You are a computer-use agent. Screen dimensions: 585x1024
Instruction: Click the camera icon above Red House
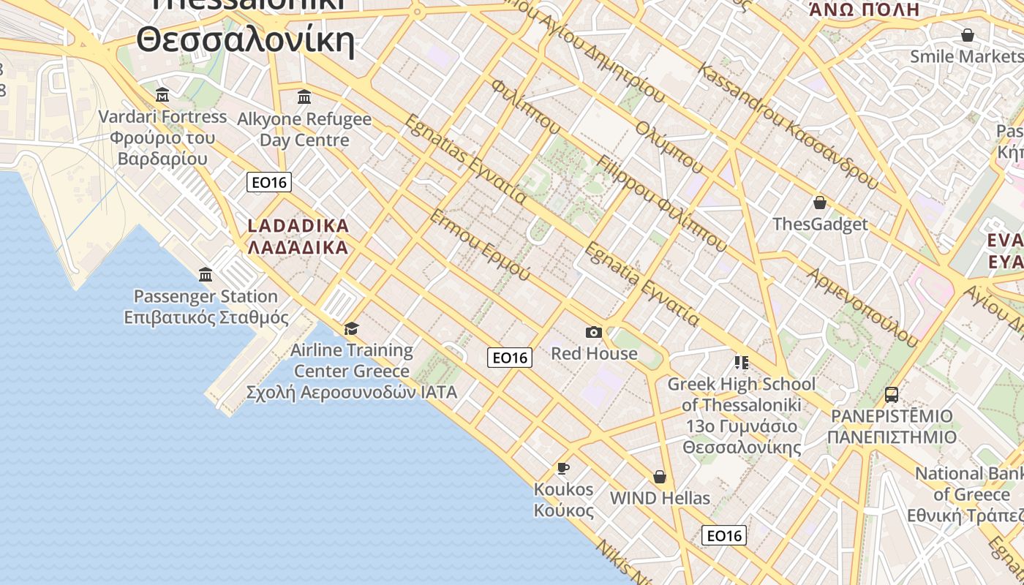click(x=594, y=333)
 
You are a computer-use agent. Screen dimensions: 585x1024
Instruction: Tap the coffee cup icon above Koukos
click(x=562, y=468)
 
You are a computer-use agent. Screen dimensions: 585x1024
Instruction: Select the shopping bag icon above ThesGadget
click(x=820, y=203)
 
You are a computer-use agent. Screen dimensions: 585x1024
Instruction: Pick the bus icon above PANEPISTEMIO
click(x=892, y=395)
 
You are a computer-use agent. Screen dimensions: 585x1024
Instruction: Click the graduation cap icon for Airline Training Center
click(x=352, y=328)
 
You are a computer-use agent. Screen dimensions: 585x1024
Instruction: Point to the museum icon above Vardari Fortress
click(x=162, y=95)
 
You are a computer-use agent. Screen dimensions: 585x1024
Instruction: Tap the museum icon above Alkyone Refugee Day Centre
click(x=304, y=97)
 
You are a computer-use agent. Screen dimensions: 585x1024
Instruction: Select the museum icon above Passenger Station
click(x=206, y=275)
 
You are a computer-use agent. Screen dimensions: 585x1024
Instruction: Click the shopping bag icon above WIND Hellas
click(x=660, y=477)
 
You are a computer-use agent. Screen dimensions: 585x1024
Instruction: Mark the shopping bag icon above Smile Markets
click(x=968, y=35)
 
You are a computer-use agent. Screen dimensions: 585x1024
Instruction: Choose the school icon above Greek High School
click(x=742, y=363)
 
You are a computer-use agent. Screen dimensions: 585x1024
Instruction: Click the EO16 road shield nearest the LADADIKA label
click(x=269, y=182)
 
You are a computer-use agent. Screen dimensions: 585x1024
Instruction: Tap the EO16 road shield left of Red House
click(x=510, y=358)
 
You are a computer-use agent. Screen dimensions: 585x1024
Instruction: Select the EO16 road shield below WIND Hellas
click(x=725, y=535)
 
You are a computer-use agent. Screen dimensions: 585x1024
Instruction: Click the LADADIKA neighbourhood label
click(x=298, y=236)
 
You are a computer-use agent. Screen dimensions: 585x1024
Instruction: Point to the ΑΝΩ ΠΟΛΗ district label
click(x=864, y=10)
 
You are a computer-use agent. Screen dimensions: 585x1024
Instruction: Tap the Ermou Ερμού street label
click(x=479, y=245)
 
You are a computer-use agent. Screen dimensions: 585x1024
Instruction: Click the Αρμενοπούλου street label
click(x=862, y=306)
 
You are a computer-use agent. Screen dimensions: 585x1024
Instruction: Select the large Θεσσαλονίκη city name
click(x=246, y=40)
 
